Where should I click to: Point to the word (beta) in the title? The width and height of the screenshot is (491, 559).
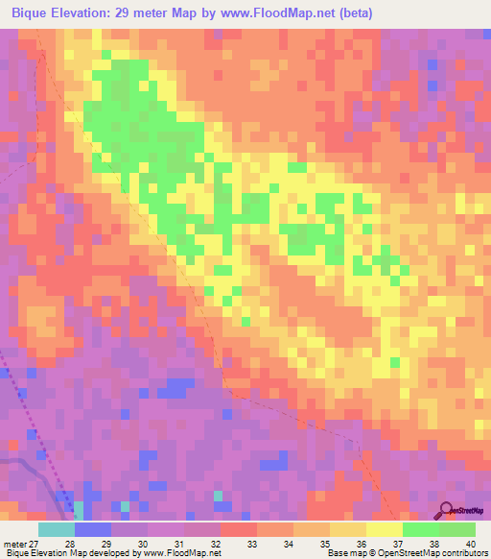pos(353,12)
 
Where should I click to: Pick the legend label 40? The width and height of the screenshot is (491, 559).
pos(469,544)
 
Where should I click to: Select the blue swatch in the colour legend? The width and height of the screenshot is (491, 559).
pos(92,529)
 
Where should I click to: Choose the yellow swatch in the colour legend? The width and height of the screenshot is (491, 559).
pos(384,529)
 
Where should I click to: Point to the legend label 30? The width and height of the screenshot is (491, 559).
pos(144,544)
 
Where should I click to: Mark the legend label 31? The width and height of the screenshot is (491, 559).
pos(178,544)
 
